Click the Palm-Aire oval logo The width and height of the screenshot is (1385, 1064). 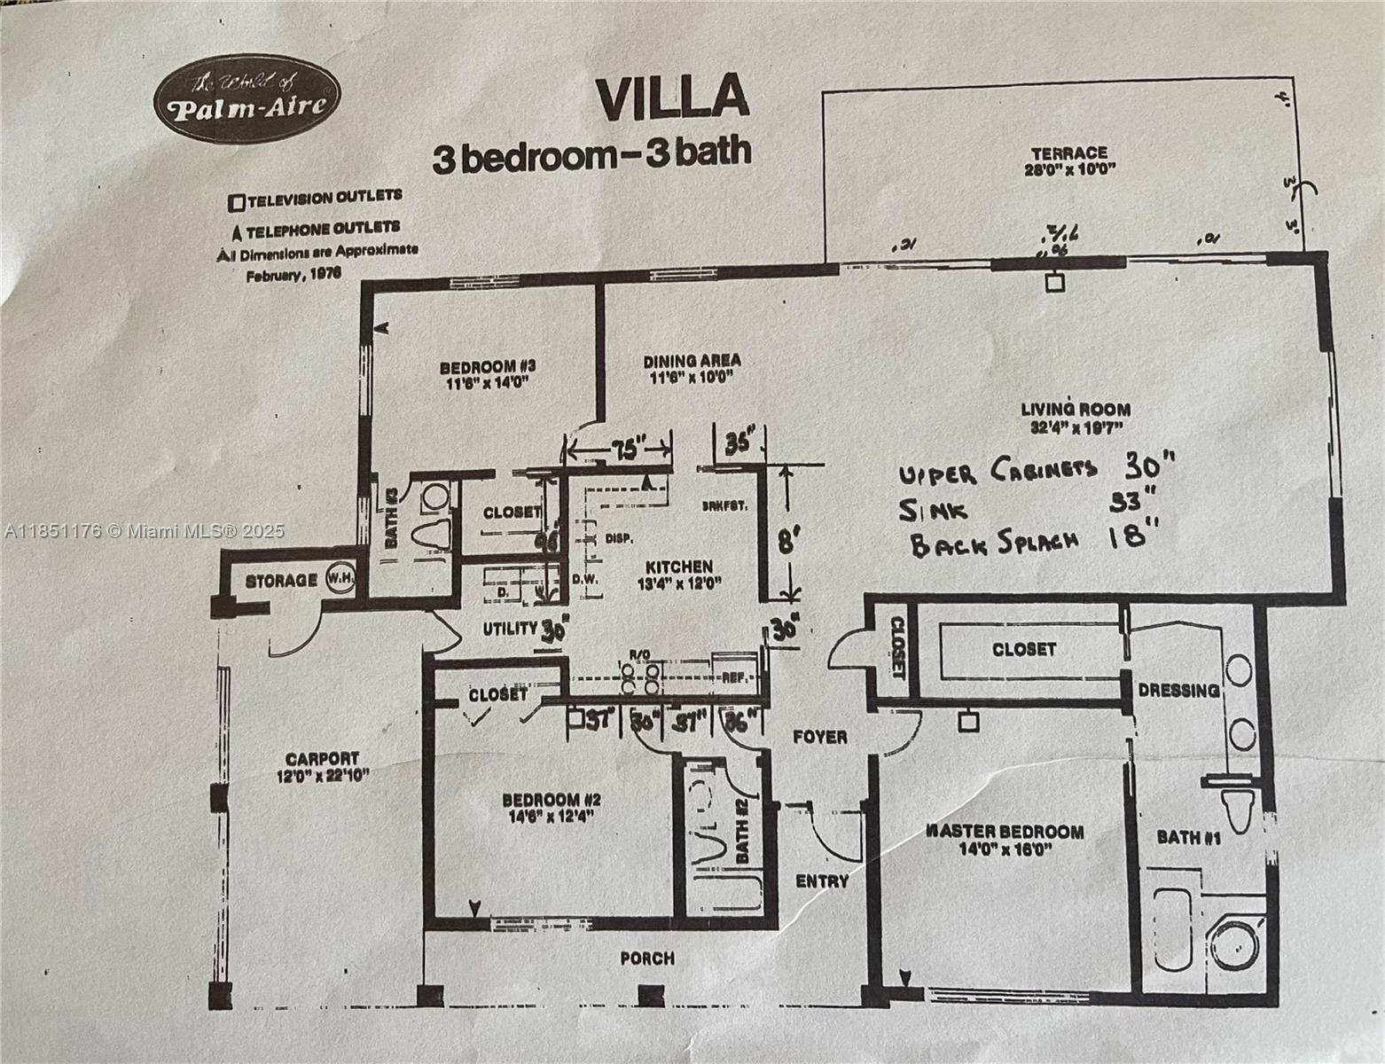pyautogui.click(x=247, y=98)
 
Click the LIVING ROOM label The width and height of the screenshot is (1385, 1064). pyautogui.click(x=1075, y=410)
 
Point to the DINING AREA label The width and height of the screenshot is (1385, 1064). pyautogui.click(x=691, y=361)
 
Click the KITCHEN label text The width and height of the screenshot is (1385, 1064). pyautogui.click(x=678, y=567)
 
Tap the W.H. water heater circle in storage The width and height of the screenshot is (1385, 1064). pyautogui.click(x=340, y=578)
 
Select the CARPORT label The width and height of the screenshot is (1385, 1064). pyautogui.click(x=322, y=759)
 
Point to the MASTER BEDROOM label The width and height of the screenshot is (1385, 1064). pyautogui.click(x=1004, y=832)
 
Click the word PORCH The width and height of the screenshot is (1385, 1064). pyautogui.click(x=646, y=958)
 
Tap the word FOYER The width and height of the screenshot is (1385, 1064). pyautogui.click(x=819, y=736)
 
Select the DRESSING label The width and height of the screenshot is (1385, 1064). pyautogui.click(x=1178, y=690)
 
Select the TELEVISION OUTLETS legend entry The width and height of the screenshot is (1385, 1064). pyautogui.click(x=315, y=198)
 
